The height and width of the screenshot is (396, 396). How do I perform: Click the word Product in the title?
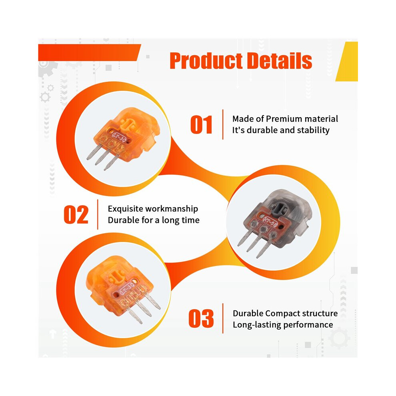pos(206,61)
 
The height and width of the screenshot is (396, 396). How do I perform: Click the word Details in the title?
pos(279,61)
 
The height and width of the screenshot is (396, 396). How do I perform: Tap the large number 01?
pos(201,124)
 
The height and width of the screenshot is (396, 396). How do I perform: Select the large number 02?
pos(76,215)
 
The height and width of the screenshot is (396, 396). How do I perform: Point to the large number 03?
pos(201,318)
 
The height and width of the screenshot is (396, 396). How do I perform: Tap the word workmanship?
pos(172,209)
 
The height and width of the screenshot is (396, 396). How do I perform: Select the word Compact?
pos(282,314)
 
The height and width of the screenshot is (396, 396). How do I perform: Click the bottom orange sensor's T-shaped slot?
pos(117,276)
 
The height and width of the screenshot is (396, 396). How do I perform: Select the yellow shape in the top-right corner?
pos(347,61)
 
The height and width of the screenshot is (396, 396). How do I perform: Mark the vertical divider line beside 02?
pos(98,214)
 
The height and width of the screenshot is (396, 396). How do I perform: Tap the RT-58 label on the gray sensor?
pos(270,223)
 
